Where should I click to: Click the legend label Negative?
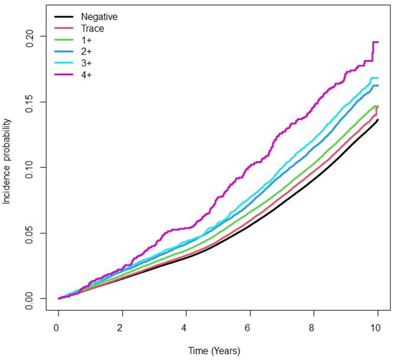tap(99, 16)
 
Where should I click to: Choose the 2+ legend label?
tap(87, 51)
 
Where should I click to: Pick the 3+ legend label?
tap(87, 63)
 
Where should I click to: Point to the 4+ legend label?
tap(87, 74)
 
